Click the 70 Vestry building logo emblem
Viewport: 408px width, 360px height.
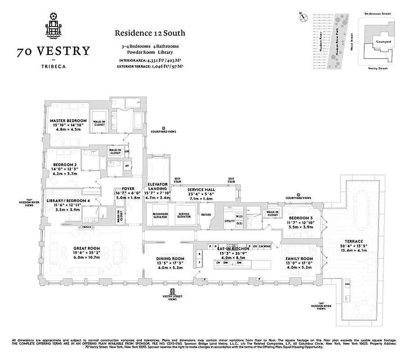(x=53, y=25)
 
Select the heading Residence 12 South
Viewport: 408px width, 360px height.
(x=150, y=33)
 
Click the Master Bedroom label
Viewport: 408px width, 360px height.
(x=68, y=121)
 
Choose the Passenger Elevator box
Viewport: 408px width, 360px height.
(x=160, y=215)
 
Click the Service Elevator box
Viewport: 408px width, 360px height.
(x=184, y=215)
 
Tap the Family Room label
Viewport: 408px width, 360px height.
(x=299, y=259)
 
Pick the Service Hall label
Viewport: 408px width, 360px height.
(x=201, y=190)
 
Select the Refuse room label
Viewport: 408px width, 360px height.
(x=206, y=215)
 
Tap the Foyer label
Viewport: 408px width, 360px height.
(x=122, y=189)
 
